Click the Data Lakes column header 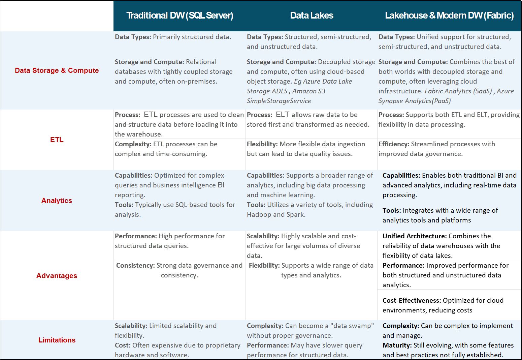312,16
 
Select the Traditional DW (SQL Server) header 180,16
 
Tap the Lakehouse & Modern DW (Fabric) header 449,16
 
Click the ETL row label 57,140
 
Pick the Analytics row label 57,201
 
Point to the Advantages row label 57,276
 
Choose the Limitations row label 57,340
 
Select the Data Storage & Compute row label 57,70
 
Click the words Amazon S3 309,91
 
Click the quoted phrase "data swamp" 352,326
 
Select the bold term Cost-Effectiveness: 412,301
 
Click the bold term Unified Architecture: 414,236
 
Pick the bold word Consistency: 135,266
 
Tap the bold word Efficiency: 394,144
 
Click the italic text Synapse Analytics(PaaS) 414,101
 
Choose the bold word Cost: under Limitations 123,346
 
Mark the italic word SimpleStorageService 279,101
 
